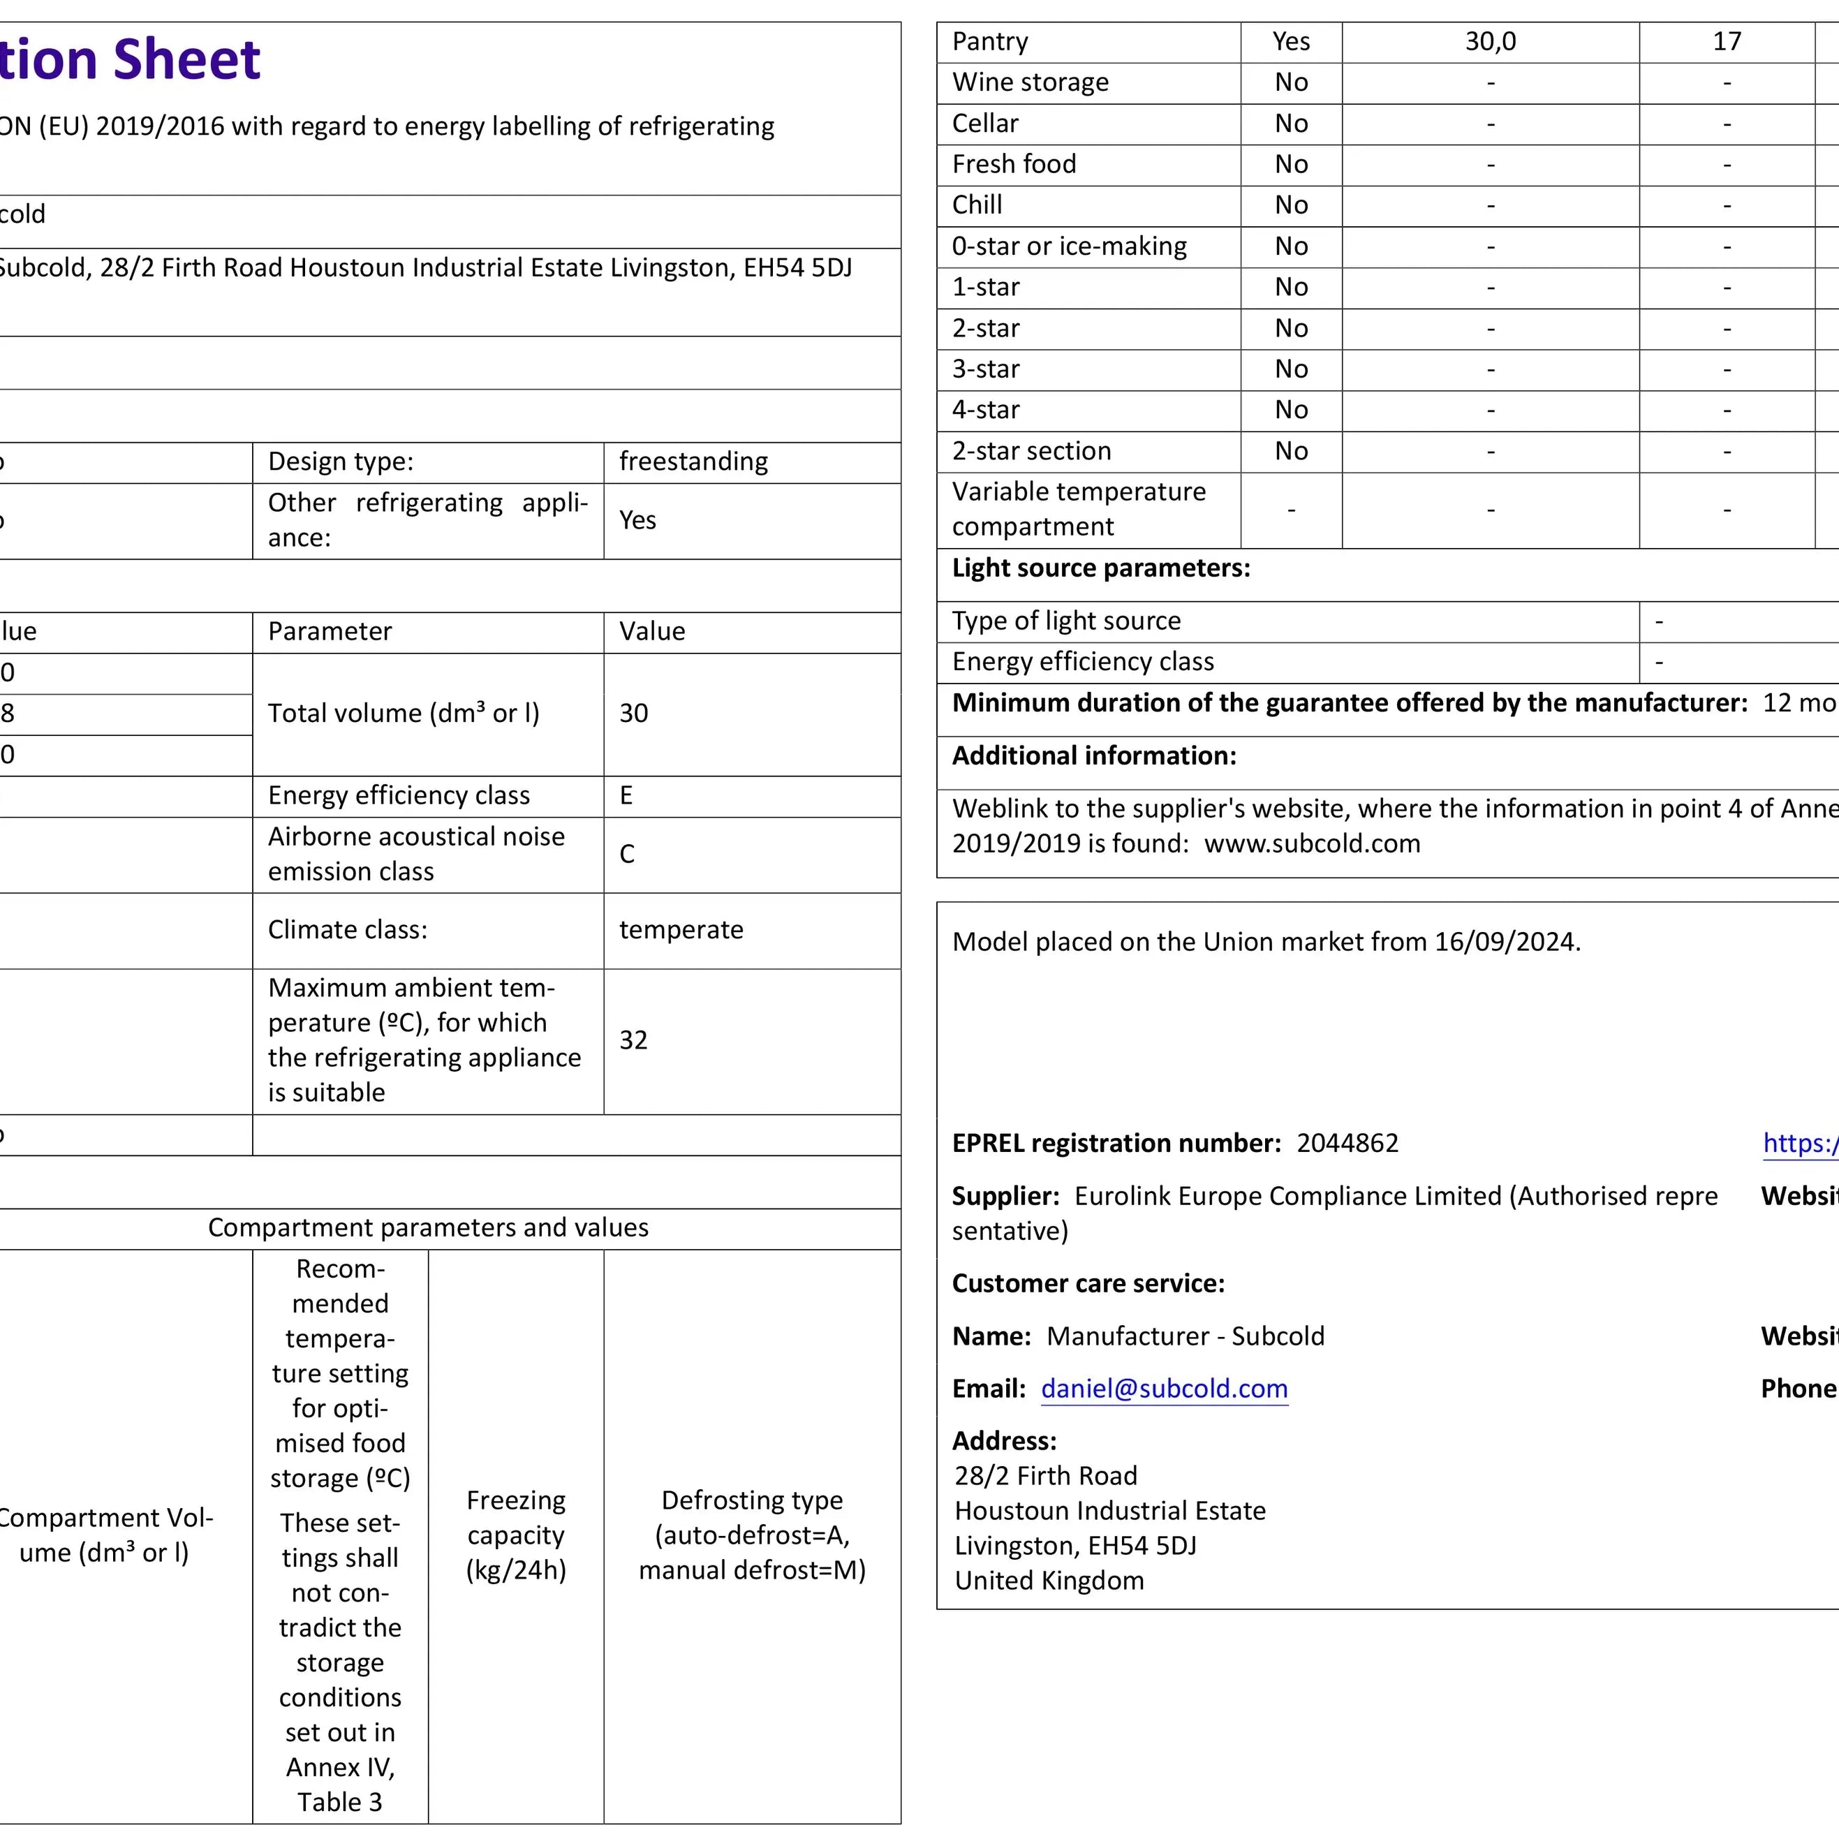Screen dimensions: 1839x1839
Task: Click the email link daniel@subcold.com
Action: click(1163, 1389)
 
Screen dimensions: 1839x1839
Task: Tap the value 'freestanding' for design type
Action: click(693, 461)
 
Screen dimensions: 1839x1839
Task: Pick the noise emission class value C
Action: click(626, 854)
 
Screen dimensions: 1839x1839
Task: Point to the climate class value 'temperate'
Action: click(681, 930)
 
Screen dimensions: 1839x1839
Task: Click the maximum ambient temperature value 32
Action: click(633, 1040)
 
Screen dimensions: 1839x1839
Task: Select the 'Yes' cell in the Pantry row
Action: click(1291, 42)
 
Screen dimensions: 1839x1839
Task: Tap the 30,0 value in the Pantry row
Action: click(1490, 42)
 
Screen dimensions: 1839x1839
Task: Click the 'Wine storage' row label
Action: click(1030, 83)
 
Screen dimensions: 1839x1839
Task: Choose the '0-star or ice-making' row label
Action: click(1069, 246)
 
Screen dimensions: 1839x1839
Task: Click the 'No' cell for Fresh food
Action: click(1291, 165)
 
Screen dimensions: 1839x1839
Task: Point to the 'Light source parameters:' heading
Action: click(1100, 568)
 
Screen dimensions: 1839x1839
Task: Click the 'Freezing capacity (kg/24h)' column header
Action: click(516, 1535)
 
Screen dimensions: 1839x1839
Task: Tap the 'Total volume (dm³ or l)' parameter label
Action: click(404, 714)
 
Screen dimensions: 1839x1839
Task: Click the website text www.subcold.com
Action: click(1312, 844)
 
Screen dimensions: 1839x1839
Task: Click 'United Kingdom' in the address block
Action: click(1049, 1581)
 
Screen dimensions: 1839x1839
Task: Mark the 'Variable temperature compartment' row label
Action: click(1079, 509)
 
